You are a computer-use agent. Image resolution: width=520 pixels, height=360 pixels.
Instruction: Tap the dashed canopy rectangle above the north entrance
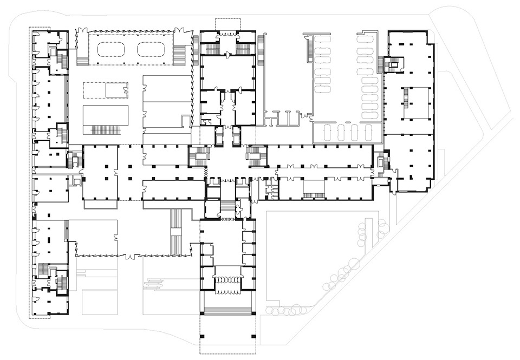click(227, 24)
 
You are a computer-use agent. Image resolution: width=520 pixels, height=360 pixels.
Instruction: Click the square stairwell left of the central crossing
click(198, 157)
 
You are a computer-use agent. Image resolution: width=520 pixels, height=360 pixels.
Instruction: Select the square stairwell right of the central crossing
click(256, 157)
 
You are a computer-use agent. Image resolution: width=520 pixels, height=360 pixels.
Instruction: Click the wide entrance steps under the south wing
click(227, 311)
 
